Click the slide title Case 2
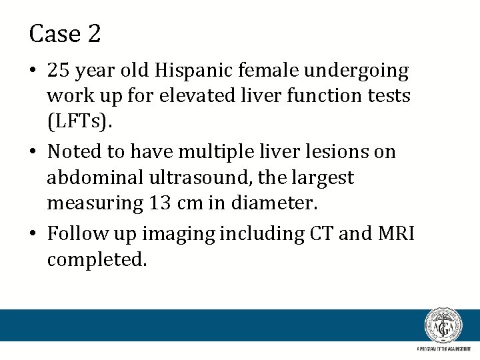pyautogui.click(x=65, y=33)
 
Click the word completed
pyautogui.click(x=96, y=261)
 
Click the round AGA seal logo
pyautogui.click(x=443, y=326)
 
